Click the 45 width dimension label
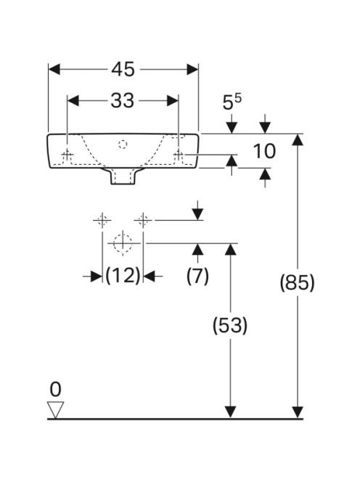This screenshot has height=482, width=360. click(123, 69)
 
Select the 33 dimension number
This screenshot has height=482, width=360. click(123, 100)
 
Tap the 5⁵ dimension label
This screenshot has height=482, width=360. click(232, 102)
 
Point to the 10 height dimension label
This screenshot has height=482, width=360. click(264, 151)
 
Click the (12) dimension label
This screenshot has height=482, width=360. click(123, 276)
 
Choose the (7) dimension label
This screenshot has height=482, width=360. click(197, 276)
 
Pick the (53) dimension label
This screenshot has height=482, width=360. click(230, 325)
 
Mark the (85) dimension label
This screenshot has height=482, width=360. click(298, 282)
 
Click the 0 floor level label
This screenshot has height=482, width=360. click(55, 390)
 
